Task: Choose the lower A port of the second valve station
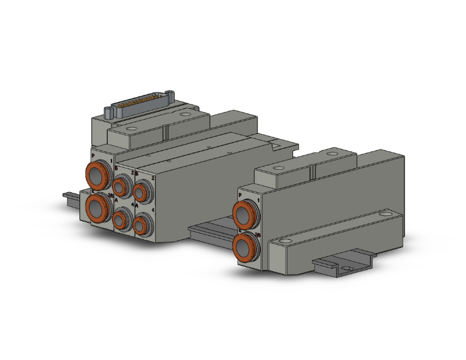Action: click(143, 224)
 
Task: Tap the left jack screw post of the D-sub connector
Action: click(108, 113)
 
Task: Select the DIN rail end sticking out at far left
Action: click(70, 197)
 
